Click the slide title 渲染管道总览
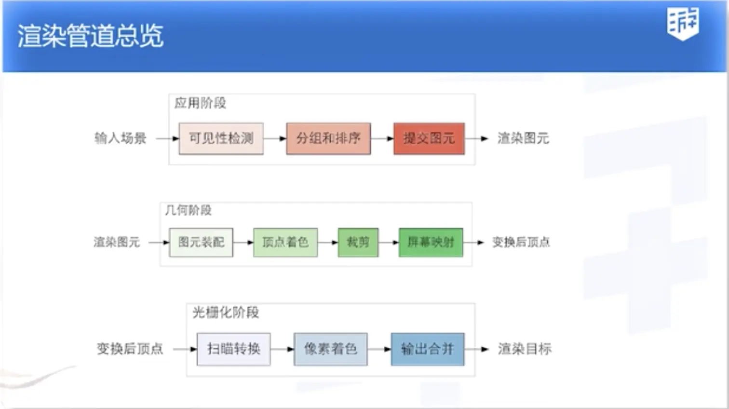pyautogui.click(x=91, y=36)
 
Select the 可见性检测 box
pyautogui.click(x=221, y=138)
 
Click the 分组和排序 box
pyautogui.click(x=328, y=138)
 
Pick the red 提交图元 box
pyautogui.click(x=429, y=138)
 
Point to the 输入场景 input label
pyautogui.click(x=120, y=138)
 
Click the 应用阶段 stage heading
pyautogui.click(x=200, y=103)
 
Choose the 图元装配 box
pyautogui.click(x=201, y=242)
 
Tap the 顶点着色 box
pyautogui.click(x=285, y=242)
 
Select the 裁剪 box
pyautogui.click(x=358, y=242)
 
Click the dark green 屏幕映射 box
pyautogui.click(x=431, y=242)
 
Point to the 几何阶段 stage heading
pyautogui.click(x=188, y=210)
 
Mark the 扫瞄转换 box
pyautogui.click(x=233, y=349)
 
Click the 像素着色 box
pyautogui.click(x=330, y=349)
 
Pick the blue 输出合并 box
pyautogui.click(x=427, y=349)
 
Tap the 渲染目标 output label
pyautogui.click(x=525, y=349)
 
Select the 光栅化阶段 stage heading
pyautogui.click(x=226, y=313)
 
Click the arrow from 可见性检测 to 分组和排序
pyautogui.click(x=275, y=139)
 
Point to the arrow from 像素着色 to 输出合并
pyautogui.click(x=379, y=349)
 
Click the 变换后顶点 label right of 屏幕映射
pyautogui.click(x=521, y=242)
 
